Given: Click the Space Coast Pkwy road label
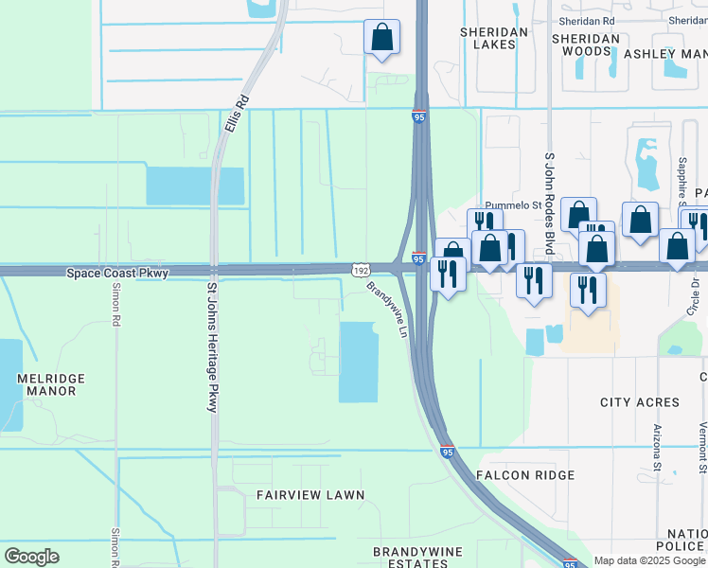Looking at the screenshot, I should click(x=116, y=273).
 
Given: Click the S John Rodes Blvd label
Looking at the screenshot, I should click(x=548, y=204).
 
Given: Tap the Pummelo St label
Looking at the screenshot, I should click(x=511, y=204).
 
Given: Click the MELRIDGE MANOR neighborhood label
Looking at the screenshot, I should click(x=51, y=384).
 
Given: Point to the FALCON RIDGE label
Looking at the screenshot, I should click(x=525, y=475).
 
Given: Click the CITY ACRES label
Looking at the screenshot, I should click(x=640, y=402).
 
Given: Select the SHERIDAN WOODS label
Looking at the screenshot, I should click(x=586, y=44).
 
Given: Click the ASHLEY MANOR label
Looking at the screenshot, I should click(x=664, y=54).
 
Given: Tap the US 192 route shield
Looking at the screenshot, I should click(x=361, y=270).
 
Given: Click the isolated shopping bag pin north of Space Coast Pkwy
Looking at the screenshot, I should click(x=381, y=38).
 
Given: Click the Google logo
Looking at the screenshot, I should click(x=31, y=556).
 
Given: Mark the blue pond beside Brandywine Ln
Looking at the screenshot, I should click(x=359, y=362).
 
